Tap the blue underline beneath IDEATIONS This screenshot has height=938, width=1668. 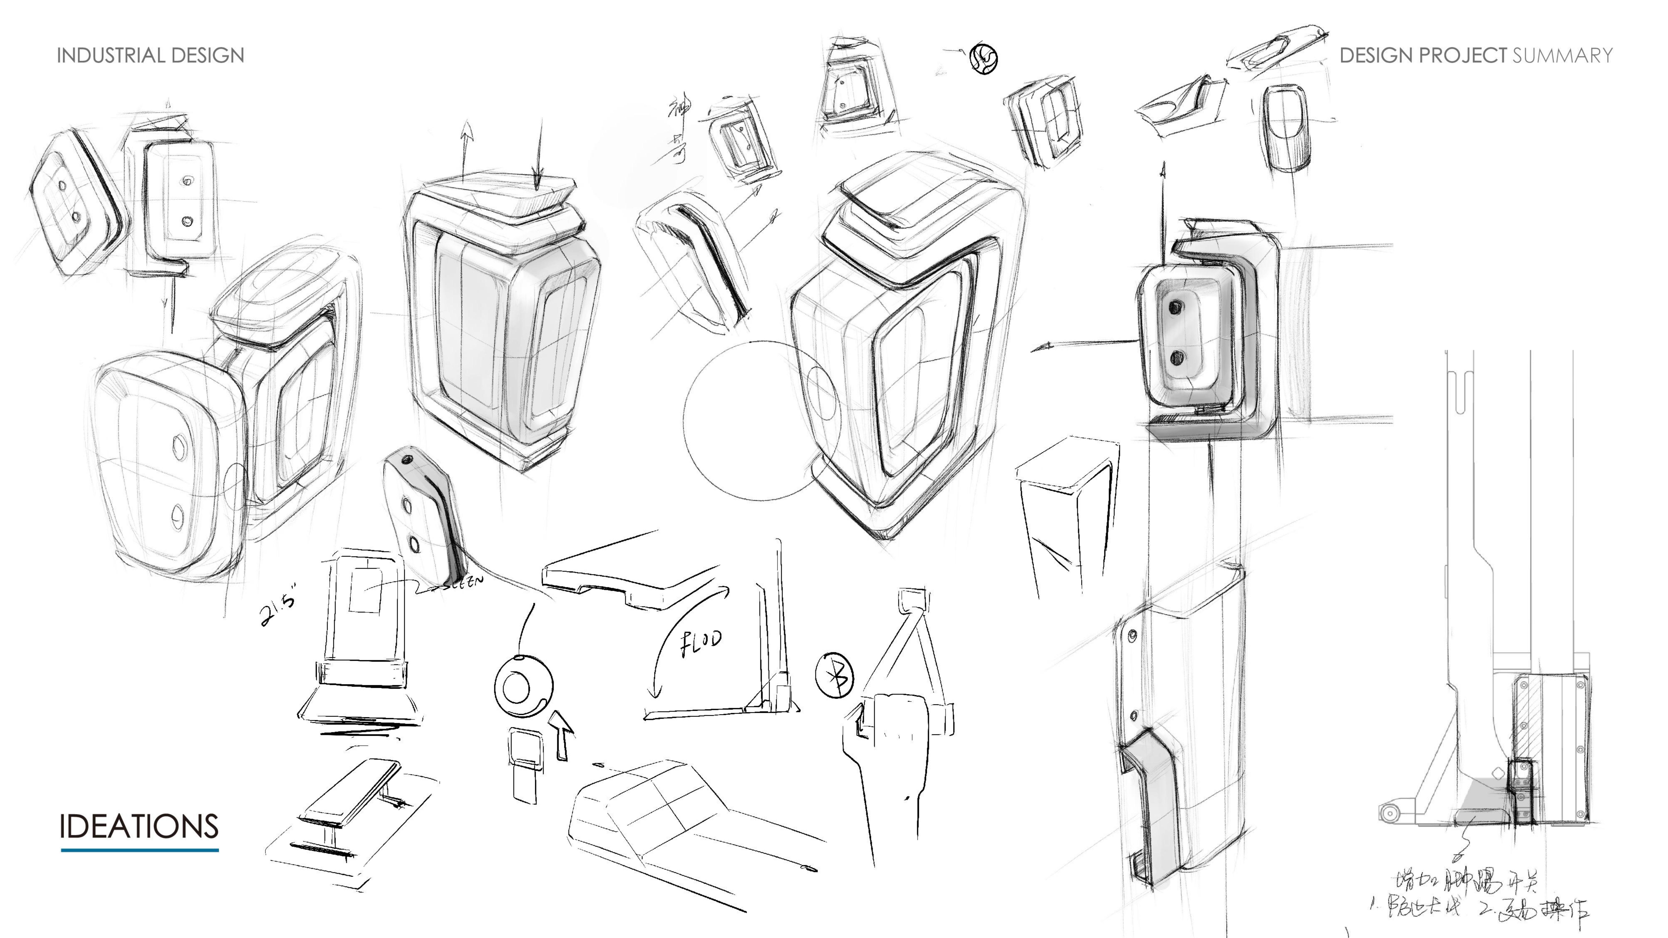[x=139, y=850]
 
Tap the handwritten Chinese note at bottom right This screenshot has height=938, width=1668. [x=1483, y=897]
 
